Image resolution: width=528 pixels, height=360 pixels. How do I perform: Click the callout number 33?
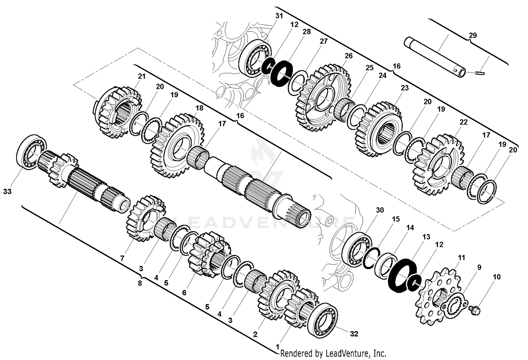(7, 191)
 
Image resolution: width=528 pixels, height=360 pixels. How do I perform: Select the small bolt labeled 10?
(474, 310)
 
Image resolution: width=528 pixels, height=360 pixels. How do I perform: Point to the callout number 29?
(472, 35)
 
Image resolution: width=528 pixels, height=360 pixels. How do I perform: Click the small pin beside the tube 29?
(480, 74)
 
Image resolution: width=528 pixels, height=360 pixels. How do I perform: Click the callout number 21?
(141, 76)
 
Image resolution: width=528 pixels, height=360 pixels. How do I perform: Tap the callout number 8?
(140, 283)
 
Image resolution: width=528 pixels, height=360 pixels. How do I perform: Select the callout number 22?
(464, 122)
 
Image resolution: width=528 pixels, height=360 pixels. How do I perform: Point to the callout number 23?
(405, 88)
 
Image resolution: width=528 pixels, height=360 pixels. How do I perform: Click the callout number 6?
(184, 293)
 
